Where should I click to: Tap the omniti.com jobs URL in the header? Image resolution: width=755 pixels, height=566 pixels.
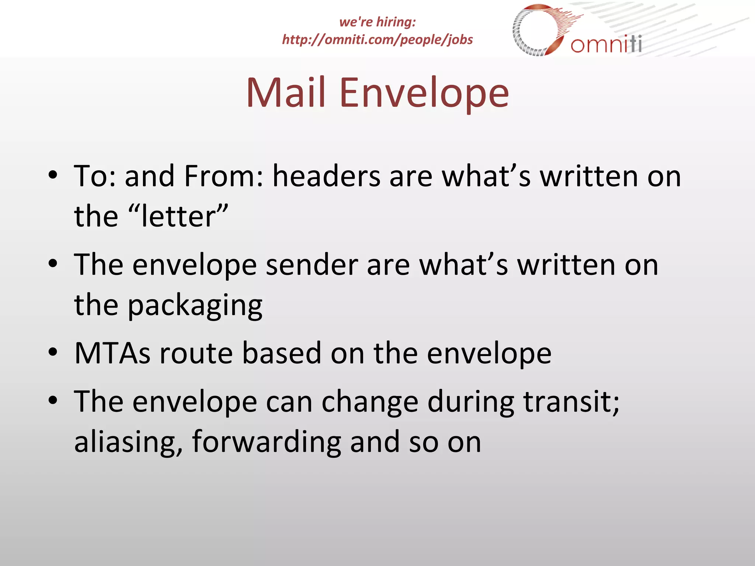(377, 40)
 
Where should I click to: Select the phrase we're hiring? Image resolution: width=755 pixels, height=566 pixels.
(377, 22)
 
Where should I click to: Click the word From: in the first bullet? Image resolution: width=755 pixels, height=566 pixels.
(224, 176)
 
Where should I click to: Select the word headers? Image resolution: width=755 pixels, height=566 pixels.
(326, 176)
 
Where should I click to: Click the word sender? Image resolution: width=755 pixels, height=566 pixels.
(312, 265)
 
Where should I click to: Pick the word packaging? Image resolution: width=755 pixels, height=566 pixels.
(195, 305)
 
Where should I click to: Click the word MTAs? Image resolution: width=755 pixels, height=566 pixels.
(112, 353)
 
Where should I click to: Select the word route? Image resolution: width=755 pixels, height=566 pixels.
(196, 353)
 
